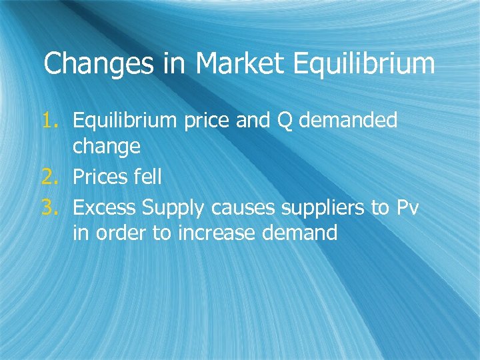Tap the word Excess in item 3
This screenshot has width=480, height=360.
104,207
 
